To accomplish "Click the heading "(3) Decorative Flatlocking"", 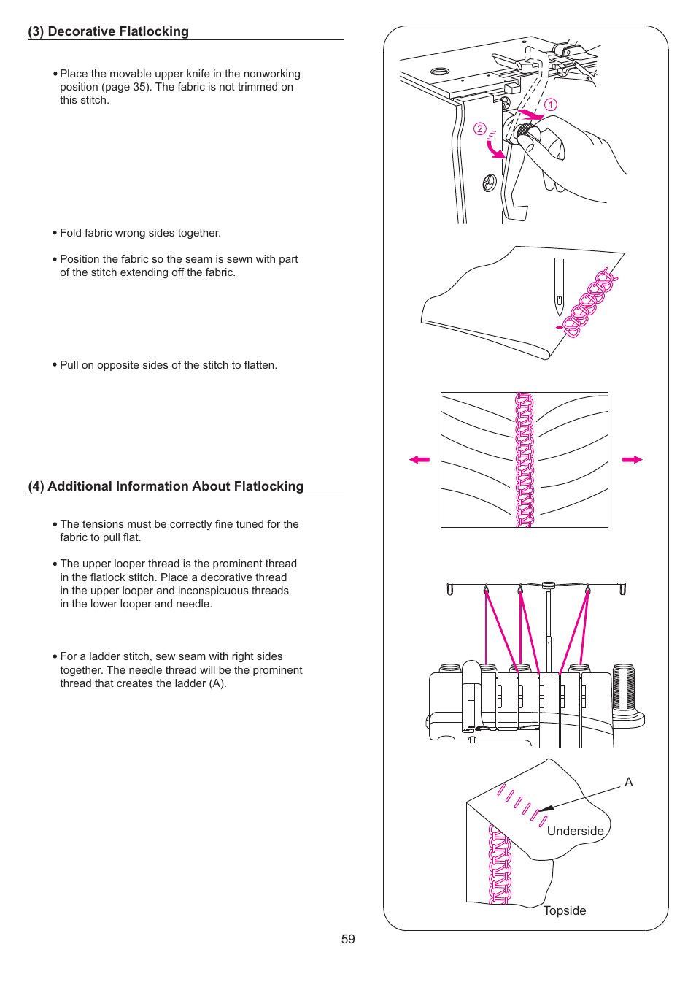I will (108, 31).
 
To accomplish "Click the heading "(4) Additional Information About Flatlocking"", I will (166, 486).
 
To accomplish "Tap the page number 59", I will (348, 939).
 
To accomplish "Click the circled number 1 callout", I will (551, 104).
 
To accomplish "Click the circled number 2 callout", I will (479, 128).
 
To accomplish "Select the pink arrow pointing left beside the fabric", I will (419, 459).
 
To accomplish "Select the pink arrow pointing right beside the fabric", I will (632, 459).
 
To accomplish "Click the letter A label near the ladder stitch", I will (629, 782).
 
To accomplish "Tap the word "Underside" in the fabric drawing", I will (575, 831).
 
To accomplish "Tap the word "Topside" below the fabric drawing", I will (565, 910).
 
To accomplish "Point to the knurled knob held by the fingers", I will (524, 132).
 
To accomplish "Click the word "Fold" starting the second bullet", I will (71, 233).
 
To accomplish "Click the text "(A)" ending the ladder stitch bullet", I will (217, 683).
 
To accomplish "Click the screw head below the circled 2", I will (490, 183).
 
